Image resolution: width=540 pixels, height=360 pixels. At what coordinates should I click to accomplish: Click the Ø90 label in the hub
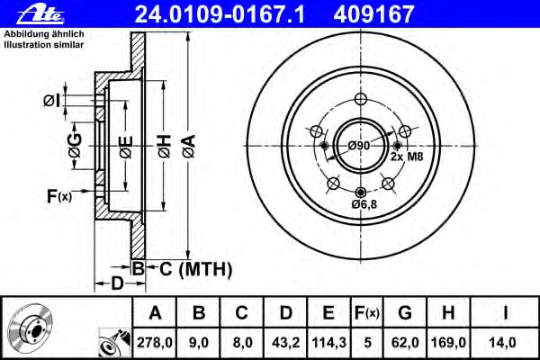(x=360, y=146)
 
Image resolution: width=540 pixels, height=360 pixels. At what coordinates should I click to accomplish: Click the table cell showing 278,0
(x=155, y=342)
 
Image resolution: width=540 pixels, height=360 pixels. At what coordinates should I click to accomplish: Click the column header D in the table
(x=284, y=313)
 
